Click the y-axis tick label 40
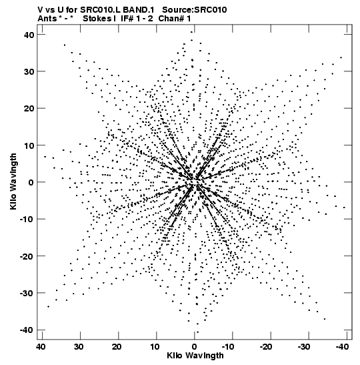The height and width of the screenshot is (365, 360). click(x=29, y=35)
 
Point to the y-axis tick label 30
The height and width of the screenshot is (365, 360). click(x=29, y=71)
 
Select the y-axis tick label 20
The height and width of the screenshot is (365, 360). click(x=29, y=109)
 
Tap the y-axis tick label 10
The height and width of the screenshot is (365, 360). click(x=29, y=145)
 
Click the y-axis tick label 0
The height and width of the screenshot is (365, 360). click(x=31, y=182)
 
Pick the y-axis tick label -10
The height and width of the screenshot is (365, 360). click(x=27, y=220)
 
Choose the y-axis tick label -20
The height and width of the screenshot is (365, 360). click(x=27, y=256)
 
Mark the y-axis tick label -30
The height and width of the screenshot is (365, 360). click(x=27, y=293)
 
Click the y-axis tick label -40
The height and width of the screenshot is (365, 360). click(x=27, y=330)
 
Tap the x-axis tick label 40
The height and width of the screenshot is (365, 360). click(x=41, y=347)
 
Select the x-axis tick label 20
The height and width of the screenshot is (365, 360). click(x=117, y=347)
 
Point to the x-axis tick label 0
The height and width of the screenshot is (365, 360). click(x=194, y=347)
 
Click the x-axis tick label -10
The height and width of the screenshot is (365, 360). click(x=228, y=347)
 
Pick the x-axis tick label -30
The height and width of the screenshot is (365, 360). click(x=304, y=347)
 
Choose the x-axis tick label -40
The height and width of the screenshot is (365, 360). click(x=342, y=347)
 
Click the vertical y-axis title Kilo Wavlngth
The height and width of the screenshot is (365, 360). click(x=13, y=181)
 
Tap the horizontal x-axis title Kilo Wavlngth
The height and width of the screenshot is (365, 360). click(x=195, y=356)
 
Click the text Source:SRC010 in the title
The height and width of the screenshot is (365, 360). click(x=195, y=10)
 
